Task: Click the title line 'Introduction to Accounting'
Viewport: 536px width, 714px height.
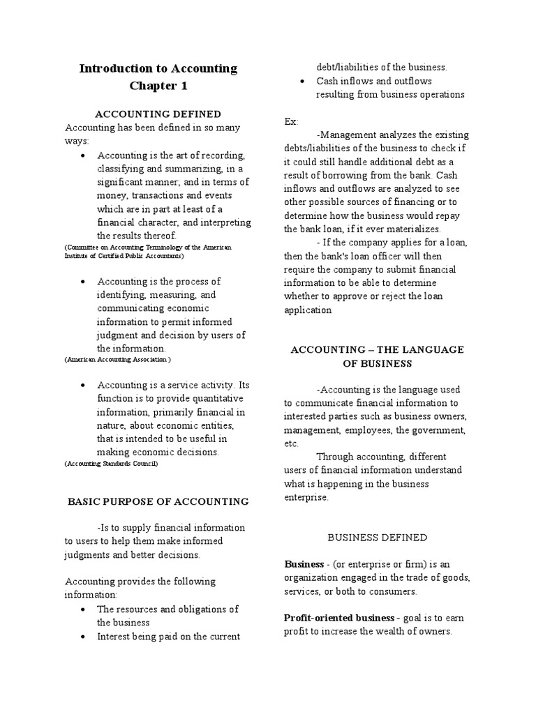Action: coord(158,68)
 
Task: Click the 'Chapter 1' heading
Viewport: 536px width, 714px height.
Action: coord(158,86)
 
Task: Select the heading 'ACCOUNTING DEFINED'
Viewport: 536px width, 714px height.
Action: coord(158,114)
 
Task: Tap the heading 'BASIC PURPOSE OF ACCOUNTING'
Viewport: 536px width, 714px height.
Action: coord(158,501)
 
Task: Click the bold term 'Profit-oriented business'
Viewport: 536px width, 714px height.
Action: coord(339,618)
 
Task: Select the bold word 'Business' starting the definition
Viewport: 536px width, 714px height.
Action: coord(304,563)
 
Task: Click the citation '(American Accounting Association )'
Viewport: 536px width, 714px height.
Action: coord(117,359)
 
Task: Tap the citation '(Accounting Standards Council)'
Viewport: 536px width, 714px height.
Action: coord(111,464)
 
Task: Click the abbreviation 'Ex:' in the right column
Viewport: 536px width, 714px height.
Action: coord(291,121)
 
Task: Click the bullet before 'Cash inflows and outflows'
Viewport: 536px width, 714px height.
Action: coord(301,82)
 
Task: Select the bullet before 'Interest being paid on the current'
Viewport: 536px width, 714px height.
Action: coord(83,637)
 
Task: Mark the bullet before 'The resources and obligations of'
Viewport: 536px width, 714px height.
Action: coord(83,609)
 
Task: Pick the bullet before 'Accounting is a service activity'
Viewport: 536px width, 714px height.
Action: coord(83,385)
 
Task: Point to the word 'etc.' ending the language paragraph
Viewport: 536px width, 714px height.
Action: coord(291,443)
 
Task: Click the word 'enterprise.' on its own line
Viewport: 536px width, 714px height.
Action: coord(306,498)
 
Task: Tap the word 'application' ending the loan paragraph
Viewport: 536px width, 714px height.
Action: coord(308,310)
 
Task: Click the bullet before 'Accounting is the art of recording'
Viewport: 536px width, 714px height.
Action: coord(83,155)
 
